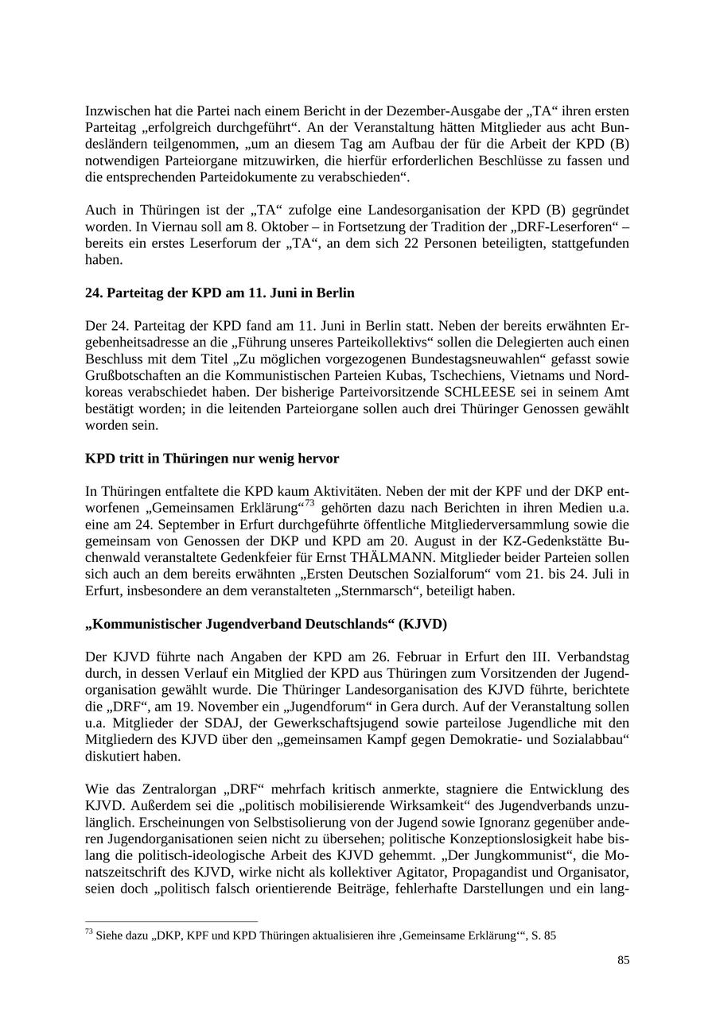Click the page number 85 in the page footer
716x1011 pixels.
[623, 961]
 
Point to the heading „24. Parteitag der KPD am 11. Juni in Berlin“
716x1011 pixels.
[220, 293]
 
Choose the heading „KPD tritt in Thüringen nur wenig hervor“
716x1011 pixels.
[212, 459]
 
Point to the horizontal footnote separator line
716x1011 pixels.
[171, 922]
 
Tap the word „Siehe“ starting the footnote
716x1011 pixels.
[110, 936]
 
